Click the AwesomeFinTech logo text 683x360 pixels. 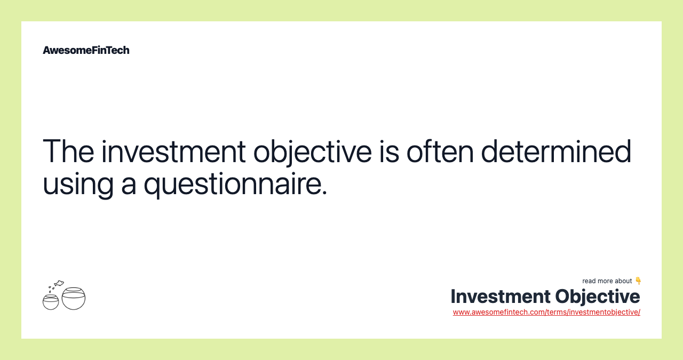(x=86, y=50)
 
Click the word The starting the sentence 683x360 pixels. (x=68, y=151)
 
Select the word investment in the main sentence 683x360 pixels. (x=173, y=151)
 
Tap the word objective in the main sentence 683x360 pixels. (x=313, y=153)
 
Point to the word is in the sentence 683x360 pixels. (x=390, y=151)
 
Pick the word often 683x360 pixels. (x=440, y=151)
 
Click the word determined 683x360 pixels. (x=556, y=151)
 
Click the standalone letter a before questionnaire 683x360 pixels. (x=129, y=187)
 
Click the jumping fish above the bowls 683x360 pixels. (x=59, y=284)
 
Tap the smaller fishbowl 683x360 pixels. (x=51, y=302)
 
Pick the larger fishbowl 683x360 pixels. (x=74, y=299)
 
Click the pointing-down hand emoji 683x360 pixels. (x=638, y=281)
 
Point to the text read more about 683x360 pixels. (x=607, y=281)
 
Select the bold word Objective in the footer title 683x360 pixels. (x=598, y=297)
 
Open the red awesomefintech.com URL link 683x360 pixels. (x=546, y=313)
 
